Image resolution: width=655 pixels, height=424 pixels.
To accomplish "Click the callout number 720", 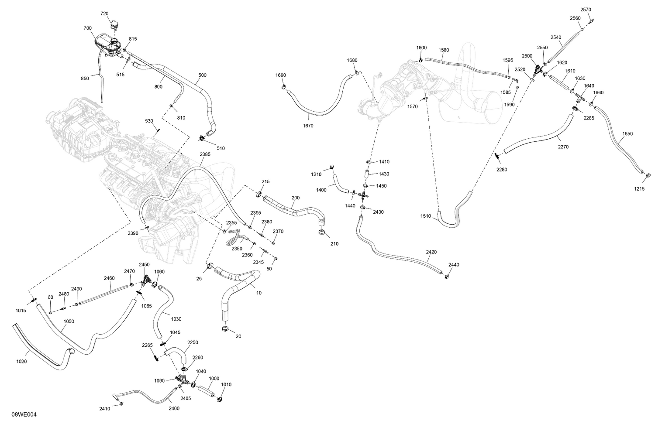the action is (104, 14).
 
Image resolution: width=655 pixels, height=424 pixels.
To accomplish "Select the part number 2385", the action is (205, 154).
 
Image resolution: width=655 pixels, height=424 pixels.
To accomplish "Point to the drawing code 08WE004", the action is (24, 415).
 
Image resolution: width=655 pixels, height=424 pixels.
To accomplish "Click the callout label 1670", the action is (308, 126).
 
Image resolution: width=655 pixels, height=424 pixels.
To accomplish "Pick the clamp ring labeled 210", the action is (322, 233).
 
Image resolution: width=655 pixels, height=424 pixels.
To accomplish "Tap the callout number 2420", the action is (431, 252).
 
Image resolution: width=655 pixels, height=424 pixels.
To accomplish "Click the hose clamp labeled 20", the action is (225, 328).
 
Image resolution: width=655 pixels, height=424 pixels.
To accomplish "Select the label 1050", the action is (69, 321).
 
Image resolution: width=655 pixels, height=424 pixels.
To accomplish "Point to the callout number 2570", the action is (586, 10).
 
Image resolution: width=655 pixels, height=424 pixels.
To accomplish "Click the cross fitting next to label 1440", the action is (363, 195).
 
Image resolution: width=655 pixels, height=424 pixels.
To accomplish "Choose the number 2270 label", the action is (563, 147).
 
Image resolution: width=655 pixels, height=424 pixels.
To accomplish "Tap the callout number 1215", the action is (639, 188).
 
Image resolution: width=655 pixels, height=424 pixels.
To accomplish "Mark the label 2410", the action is (105, 409).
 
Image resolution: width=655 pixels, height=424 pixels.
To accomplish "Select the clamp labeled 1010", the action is (219, 399).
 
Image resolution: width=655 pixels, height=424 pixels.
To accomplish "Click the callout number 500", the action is (202, 75).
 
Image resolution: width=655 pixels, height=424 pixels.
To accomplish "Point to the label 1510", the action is (426, 216).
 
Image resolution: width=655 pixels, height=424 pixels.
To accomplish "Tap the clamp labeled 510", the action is (202, 137).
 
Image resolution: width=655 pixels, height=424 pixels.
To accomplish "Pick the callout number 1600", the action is (421, 48).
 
